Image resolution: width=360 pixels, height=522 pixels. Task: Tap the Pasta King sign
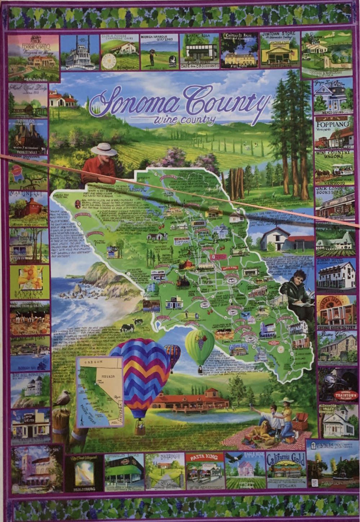coord(204,458)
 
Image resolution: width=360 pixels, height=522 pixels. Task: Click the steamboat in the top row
coord(79,54)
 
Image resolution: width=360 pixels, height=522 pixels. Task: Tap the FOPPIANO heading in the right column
coord(333,124)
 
